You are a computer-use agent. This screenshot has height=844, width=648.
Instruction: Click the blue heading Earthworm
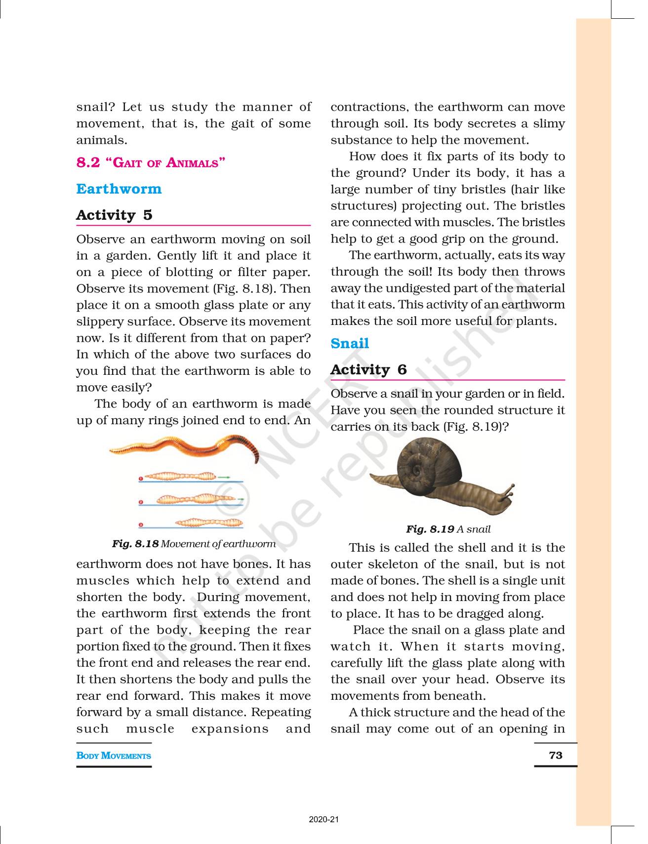(x=119, y=189)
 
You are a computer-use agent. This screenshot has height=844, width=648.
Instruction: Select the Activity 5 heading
(x=114, y=215)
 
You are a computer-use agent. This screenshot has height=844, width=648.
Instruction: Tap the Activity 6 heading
(x=368, y=369)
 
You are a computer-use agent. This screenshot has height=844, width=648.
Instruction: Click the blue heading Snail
(x=350, y=343)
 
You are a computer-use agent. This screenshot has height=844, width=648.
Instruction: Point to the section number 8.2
(x=88, y=162)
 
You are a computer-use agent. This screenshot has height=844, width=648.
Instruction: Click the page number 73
(x=555, y=755)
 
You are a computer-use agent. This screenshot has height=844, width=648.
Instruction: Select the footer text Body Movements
(x=114, y=756)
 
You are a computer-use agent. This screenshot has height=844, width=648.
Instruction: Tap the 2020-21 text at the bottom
(x=324, y=819)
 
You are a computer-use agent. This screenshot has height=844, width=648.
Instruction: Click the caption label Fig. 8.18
(x=135, y=544)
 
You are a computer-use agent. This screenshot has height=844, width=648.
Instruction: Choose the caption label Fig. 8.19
(x=430, y=529)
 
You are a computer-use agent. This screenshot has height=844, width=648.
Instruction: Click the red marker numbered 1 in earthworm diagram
(x=141, y=479)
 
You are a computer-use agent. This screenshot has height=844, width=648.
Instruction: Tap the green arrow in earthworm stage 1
(x=224, y=477)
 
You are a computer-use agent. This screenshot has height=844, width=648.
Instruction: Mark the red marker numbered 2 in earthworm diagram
(x=141, y=502)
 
